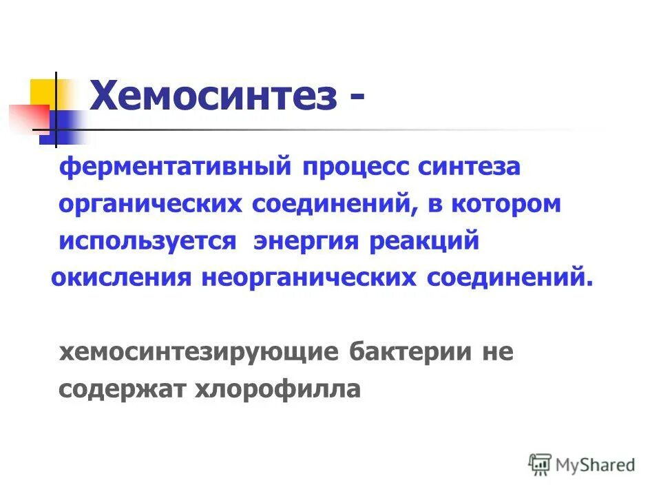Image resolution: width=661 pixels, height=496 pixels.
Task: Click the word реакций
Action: tap(423, 242)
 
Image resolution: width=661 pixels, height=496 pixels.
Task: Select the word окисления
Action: tap(121, 278)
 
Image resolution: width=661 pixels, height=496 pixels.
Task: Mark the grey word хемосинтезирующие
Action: tap(199, 353)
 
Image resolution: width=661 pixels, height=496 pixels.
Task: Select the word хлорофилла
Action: tap(278, 389)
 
